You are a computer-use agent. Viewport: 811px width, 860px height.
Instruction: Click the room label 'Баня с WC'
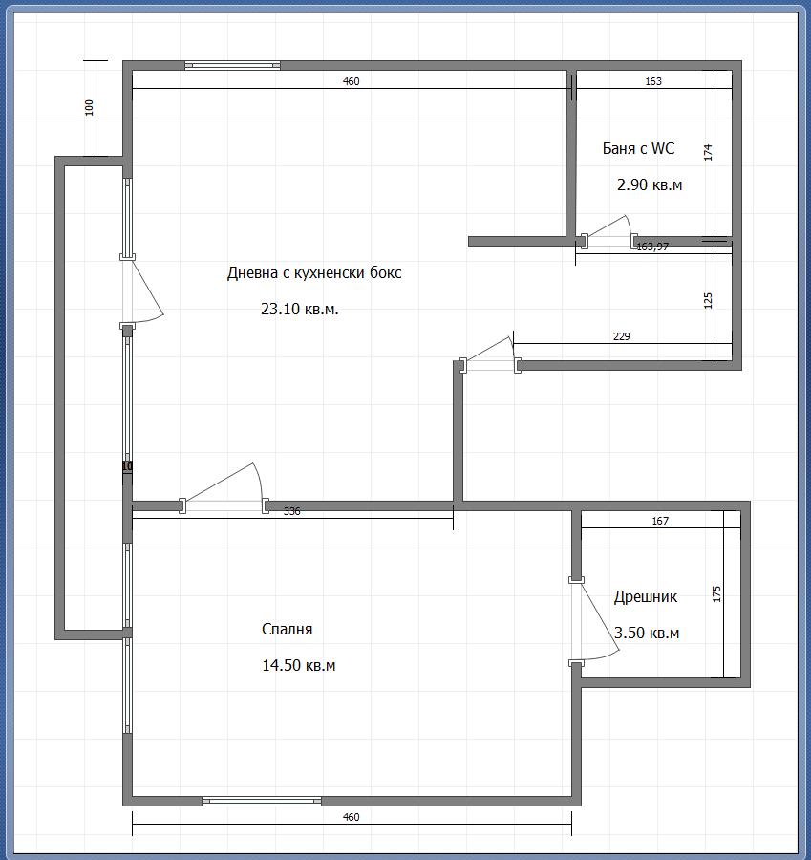(638, 149)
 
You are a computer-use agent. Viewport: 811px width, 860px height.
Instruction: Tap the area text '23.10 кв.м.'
(299, 309)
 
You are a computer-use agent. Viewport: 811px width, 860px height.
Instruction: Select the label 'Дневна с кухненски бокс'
(314, 272)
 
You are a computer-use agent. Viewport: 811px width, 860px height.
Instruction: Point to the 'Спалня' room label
(287, 629)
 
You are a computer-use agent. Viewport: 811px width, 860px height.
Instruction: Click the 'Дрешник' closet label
(646, 596)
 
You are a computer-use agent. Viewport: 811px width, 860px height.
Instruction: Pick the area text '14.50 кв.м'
(299, 665)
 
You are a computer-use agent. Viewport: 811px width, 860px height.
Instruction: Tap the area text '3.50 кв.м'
(647, 633)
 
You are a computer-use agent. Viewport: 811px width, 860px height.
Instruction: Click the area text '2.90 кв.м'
(650, 184)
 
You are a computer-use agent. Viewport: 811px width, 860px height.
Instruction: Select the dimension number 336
(291, 511)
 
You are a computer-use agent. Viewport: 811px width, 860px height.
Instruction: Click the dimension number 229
(621, 336)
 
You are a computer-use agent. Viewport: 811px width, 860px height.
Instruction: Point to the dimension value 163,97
(652, 247)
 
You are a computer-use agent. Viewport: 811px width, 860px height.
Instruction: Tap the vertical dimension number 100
(90, 107)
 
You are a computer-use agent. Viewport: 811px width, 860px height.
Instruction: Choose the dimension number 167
(660, 521)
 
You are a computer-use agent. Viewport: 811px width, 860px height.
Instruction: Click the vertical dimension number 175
(716, 594)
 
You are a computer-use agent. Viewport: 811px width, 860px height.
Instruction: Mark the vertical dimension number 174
(708, 152)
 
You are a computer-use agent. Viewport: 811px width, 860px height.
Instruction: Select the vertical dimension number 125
(708, 301)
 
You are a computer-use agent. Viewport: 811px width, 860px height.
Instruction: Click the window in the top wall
(232, 66)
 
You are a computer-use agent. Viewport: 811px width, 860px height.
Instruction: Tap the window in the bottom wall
(262, 802)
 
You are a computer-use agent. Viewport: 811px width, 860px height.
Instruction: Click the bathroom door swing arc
(629, 225)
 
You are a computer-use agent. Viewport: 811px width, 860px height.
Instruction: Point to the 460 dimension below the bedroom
(351, 817)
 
